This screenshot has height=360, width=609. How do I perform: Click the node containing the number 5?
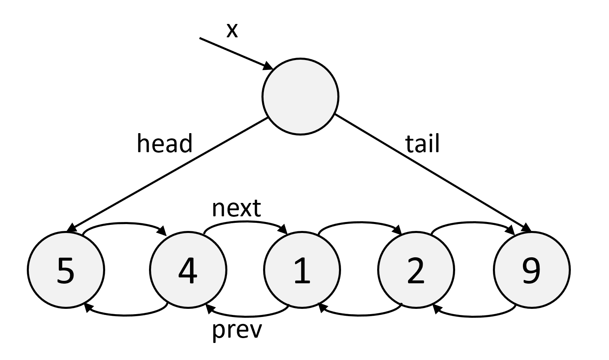pyautogui.click(x=66, y=270)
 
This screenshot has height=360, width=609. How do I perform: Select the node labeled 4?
pyautogui.click(x=188, y=270)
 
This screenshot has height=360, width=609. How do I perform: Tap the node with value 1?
pyautogui.click(x=302, y=270)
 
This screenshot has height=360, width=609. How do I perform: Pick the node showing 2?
pyautogui.click(x=416, y=270)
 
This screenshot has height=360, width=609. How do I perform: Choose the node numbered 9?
pyautogui.click(x=532, y=270)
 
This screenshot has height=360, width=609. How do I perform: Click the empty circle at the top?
pyautogui.click(x=300, y=97)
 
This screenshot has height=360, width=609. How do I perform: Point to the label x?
pyautogui.click(x=232, y=30)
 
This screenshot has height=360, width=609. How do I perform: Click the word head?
pyautogui.click(x=165, y=143)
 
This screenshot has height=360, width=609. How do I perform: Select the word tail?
pyautogui.click(x=422, y=143)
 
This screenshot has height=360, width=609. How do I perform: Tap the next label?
pyautogui.click(x=236, y=208)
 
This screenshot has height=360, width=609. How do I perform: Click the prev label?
pyautogui.click(x=237, y=330)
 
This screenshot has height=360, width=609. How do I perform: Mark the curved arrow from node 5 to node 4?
pyautogui.click(x=124, y=224)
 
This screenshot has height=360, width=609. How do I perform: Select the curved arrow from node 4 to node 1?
pyautogui.click(x=246, y=222)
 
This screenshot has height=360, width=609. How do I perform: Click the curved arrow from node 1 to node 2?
pyautogui.click(x=360, y=223)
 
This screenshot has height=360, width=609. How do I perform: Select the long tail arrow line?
pyautogui.click(x=433, y=173)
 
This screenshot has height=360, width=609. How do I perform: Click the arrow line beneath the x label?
pyautogui.click(x=236, y=54)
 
